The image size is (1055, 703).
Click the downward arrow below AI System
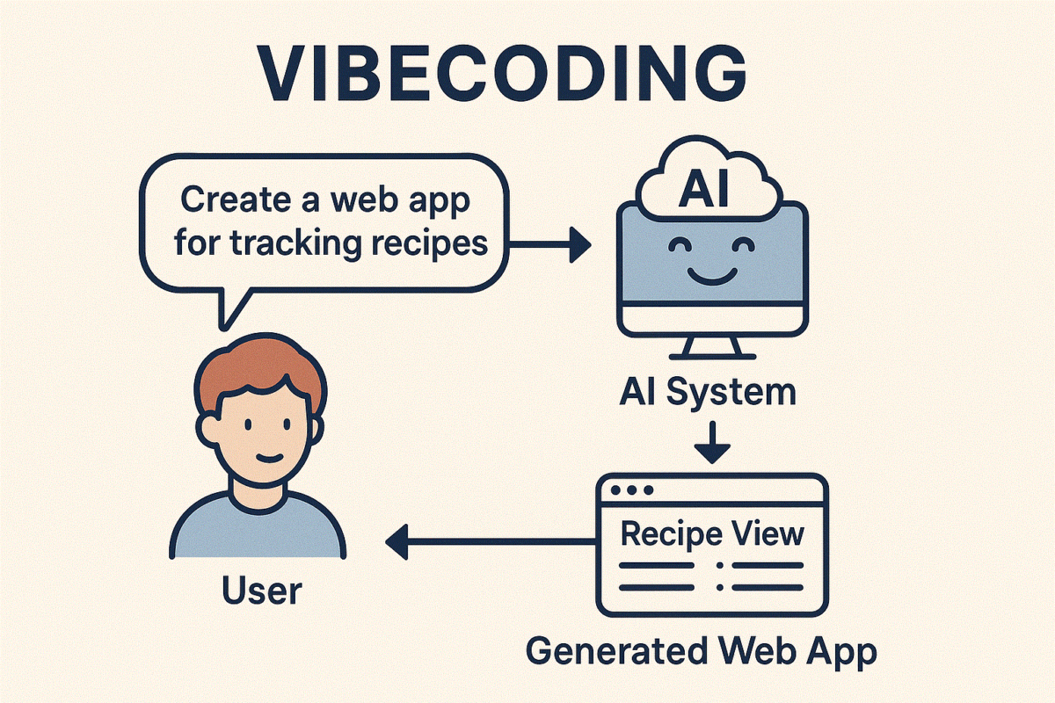[x=712, y=445]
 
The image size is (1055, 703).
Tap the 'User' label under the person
[x=261, y=590]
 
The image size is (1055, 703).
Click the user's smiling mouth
[x=267, y=458]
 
